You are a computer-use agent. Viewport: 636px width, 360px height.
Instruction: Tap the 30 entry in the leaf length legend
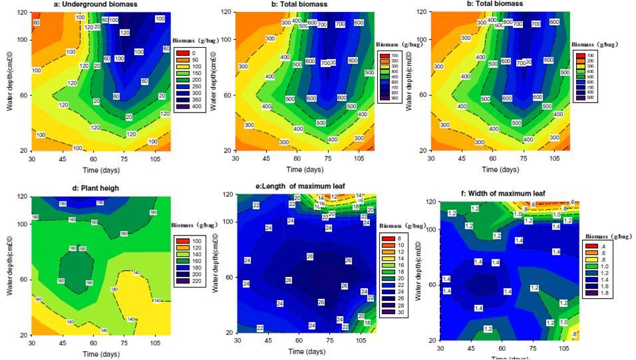(392, 312)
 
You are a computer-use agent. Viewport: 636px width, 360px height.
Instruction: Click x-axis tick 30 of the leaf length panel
(238, 339)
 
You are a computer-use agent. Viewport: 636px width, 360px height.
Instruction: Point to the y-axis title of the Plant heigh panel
(9, 265)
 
